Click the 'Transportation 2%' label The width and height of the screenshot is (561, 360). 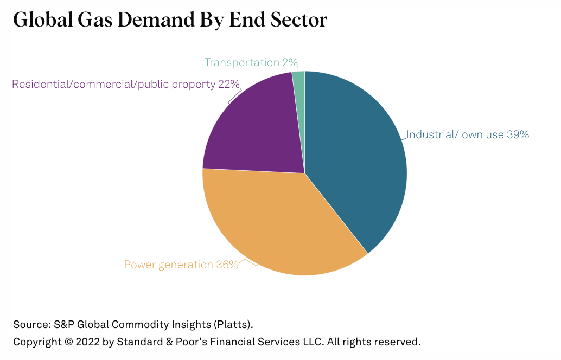(x=251, y=62)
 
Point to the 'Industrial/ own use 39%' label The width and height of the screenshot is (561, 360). (x=467, y=134)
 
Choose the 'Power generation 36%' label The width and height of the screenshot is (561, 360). (x=181, y=265)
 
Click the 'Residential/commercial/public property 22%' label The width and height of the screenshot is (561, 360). (x=125, y=84)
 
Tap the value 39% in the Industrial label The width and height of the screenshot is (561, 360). (x=518, y=134)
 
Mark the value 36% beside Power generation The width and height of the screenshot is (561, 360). (x=227, y=265)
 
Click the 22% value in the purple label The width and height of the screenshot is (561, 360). (x=228, y=84)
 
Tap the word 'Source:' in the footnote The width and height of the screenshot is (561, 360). (x=31, y=325)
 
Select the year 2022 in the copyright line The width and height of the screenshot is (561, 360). (x=89, y=342)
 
